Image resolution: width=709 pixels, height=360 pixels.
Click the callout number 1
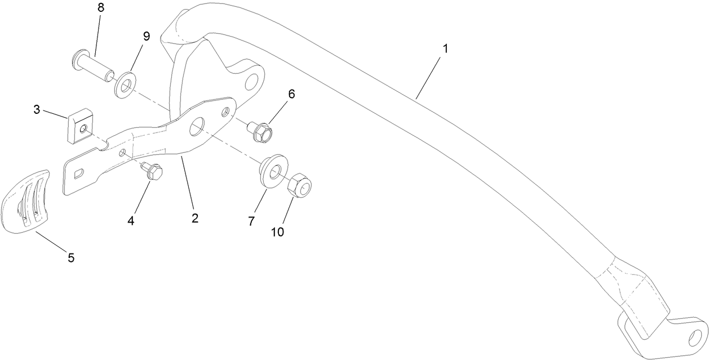(445, 49)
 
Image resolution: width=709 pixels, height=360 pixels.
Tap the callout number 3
(37, 109)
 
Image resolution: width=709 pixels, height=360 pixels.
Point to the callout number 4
(131, 221)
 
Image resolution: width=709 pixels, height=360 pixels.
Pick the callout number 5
(71, 258)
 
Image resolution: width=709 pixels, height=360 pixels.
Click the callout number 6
(291, 94)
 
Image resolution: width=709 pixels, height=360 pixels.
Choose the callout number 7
(252, 221)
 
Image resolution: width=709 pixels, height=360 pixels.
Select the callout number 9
(147, 36)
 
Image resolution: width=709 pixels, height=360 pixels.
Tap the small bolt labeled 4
(152, 171)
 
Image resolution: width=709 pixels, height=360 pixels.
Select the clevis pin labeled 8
(95, 66)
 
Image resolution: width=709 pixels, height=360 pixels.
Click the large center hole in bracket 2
(199, 127)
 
